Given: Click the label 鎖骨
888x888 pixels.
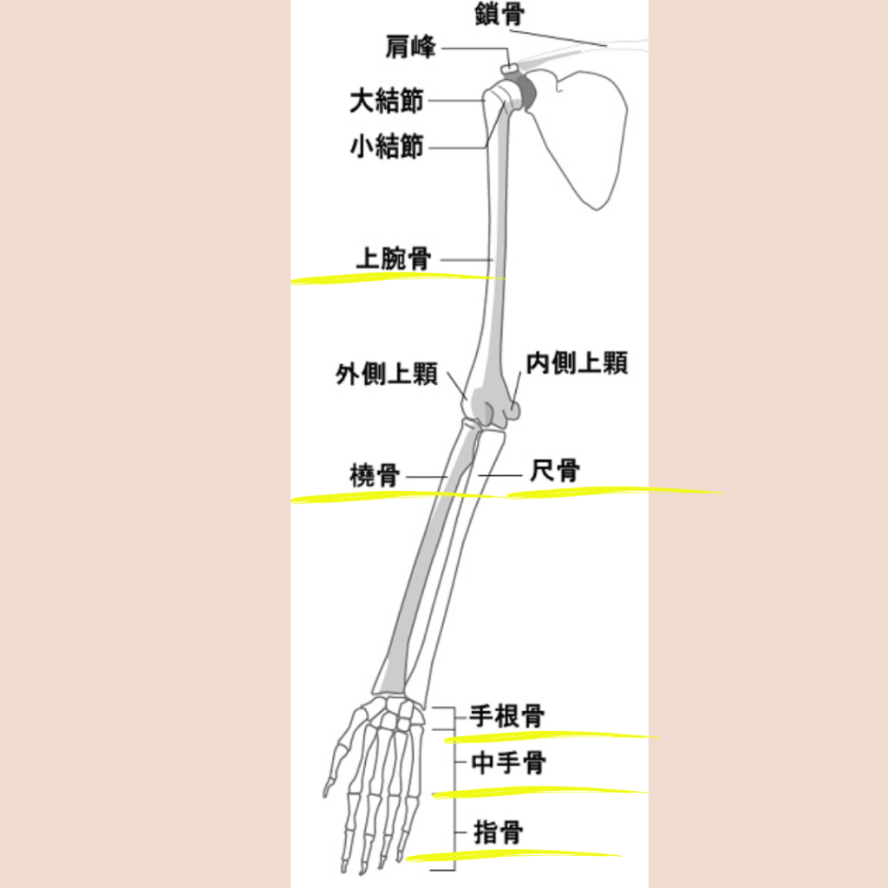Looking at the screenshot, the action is coord(499,14).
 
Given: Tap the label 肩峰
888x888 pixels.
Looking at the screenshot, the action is coord(410,47).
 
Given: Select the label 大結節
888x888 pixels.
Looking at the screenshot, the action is coord(387,101).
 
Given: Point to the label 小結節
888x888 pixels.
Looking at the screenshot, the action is coord(387,147).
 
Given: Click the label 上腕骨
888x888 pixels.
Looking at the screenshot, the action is coord(394,258).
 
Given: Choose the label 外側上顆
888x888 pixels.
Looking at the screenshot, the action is coord(387,375).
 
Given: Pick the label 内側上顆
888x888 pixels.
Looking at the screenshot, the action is coord(577,363).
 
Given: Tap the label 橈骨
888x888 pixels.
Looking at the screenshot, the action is coord(375,475).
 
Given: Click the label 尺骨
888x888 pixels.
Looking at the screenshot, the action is coord(555,471).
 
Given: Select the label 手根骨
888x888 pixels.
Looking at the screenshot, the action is coord(507,716).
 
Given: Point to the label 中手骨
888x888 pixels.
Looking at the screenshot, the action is coord(508,763).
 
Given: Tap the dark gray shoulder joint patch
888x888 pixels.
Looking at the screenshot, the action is coord(526,92).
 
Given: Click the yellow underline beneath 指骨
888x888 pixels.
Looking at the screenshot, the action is coord(513,855).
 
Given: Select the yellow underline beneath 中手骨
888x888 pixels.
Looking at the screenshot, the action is coord(539,792).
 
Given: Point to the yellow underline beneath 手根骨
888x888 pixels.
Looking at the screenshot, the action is coord(552,736).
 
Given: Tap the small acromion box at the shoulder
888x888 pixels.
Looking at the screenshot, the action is coord(510,69).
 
